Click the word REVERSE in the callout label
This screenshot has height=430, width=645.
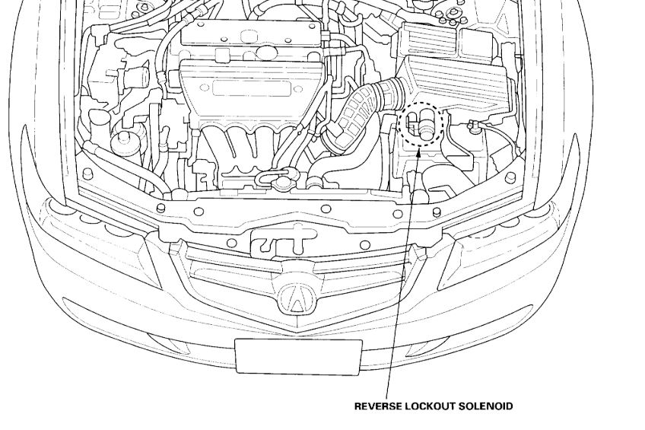377,406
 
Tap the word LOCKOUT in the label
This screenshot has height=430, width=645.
431,406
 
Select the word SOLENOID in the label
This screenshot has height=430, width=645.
488,406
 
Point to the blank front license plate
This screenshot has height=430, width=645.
298,356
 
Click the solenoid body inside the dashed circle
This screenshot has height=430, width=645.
425,122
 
